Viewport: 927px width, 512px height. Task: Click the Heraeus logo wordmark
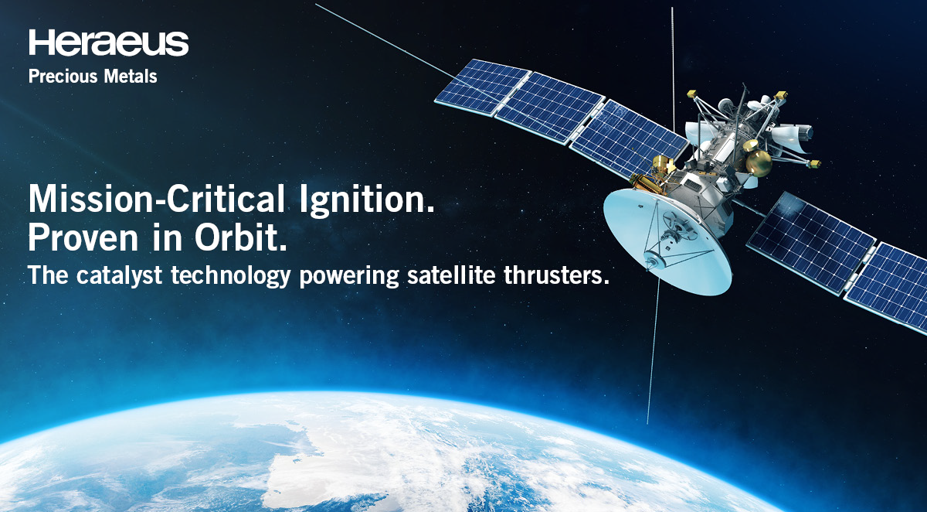(108, 43)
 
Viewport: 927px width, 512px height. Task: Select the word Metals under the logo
(131, 77)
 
